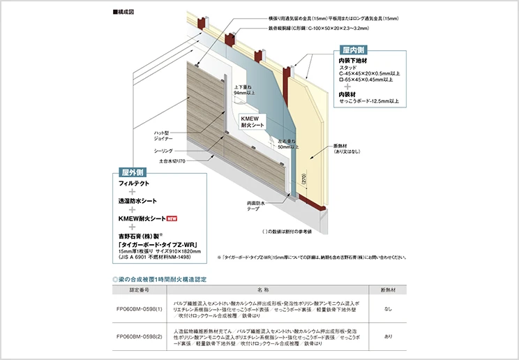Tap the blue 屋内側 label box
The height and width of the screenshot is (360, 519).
(x=354, y=50)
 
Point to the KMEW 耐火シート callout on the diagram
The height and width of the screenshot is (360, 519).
(x=250, y=123)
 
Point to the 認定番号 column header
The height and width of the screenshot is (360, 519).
(x=140, y=288)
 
